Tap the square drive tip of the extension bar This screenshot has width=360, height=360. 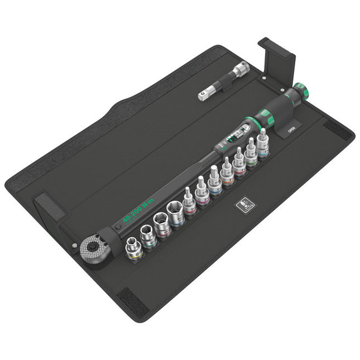(203, 97)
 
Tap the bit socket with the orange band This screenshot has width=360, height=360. (202, 193)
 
